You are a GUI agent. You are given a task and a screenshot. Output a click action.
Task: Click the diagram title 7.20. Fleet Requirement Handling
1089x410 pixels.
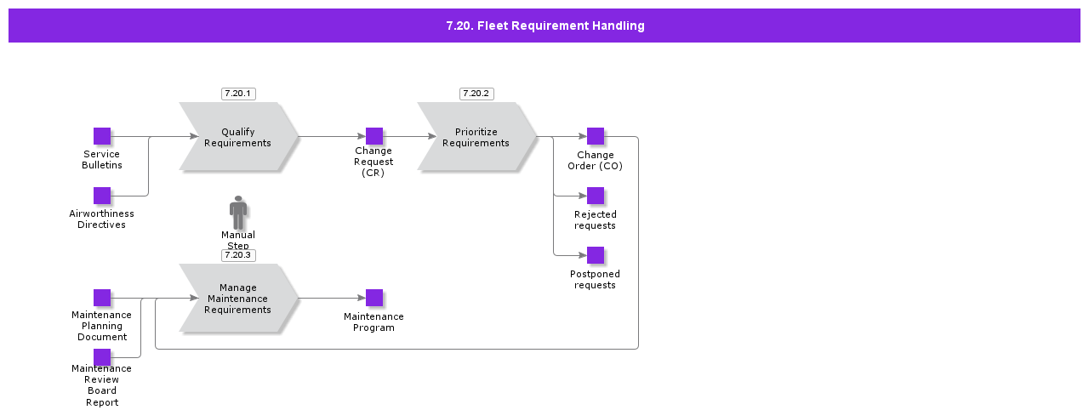[544, 26]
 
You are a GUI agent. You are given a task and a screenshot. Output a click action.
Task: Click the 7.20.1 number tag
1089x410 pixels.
[238, 94]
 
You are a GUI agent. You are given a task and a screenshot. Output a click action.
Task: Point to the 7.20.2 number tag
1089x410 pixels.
[476, 94]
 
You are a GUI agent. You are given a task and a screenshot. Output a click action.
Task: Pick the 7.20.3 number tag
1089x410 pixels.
[238, 255]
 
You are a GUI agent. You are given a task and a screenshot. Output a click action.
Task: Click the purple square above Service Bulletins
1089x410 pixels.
[102, 136]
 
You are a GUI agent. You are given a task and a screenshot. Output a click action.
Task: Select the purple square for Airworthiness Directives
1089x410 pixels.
[102, 196]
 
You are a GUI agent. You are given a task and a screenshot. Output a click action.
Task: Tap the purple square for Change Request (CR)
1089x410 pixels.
[374, 136]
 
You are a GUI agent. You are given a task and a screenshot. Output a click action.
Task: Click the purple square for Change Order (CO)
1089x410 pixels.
[596, 136]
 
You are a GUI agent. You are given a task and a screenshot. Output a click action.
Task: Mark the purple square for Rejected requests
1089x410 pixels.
[596, 196]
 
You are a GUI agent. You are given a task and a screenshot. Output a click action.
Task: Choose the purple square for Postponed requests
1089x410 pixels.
[596, 255]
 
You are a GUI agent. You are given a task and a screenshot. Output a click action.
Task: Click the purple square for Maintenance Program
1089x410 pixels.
[374, 298]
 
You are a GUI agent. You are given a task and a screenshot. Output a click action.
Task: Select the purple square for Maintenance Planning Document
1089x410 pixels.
[102, 298]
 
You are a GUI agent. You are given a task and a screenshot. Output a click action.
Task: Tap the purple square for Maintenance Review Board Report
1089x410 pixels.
[102, 357]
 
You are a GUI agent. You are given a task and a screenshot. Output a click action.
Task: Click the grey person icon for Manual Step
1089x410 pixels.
[238, 212]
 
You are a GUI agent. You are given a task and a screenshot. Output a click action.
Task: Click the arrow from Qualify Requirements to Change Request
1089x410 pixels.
[332, 136]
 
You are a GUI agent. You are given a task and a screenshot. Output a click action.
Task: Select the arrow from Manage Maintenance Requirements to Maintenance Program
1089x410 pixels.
[332, 298]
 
